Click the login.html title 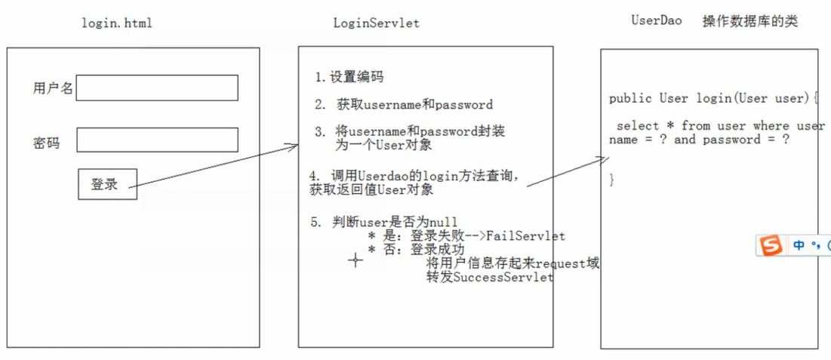tap(116, 23)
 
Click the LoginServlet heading tap(376, 23)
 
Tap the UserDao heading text tap(656, 20)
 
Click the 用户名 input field tap(157, 88)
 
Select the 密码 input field tap(157, 140)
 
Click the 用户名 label tap(53, 88)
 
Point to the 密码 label tap(46, 142)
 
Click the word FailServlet tap(525, 236)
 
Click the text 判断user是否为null tap(394, 222)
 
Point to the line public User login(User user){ tap(713, 98)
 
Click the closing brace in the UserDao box tap(612, 180)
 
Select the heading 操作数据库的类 tap(749, 21)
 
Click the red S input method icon tap(771, 245)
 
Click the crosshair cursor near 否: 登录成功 tap(355, 260)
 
